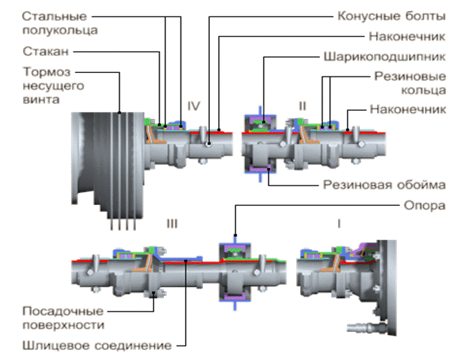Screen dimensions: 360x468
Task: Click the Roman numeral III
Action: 172,223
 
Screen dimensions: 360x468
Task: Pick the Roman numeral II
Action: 302,105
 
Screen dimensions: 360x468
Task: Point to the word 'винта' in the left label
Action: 36,98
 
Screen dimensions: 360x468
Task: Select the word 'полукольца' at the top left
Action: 59,30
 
